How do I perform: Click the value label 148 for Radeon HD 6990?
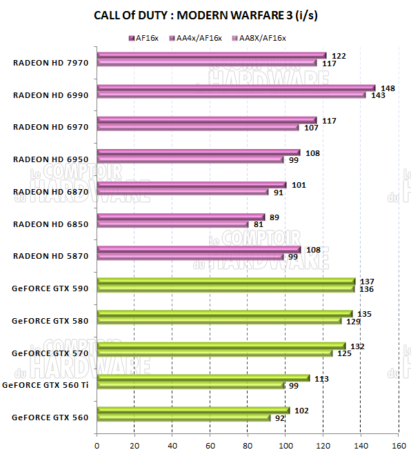pos(388,88)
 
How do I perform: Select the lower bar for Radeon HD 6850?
pos(172,224)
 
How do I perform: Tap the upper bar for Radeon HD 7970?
pos(211,55)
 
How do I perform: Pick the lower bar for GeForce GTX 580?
pos(219,321)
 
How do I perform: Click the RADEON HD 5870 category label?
pos(50,256)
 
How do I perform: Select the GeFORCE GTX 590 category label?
pos(50,288)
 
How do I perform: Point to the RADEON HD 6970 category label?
pos(50,126)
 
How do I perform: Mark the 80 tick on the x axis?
pos(248,444)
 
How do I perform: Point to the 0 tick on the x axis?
pos(97,444)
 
